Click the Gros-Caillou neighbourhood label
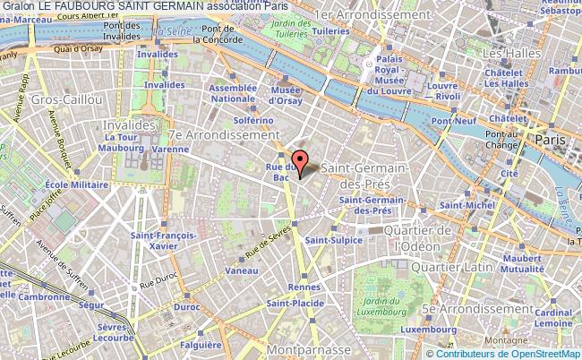tap(44, 99)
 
